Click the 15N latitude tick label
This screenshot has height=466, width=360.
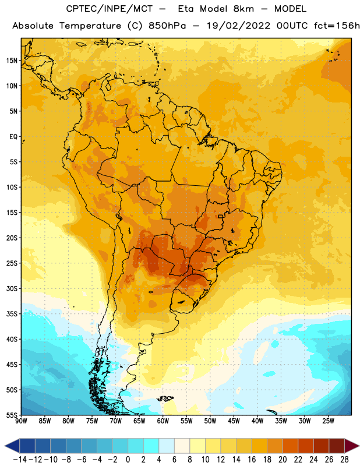[x=12, y=61]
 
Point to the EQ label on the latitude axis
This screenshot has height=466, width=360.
[x=13, y=137]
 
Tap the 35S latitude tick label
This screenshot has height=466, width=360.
[x=12, y=314]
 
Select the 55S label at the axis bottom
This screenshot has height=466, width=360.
[x=12, y=415]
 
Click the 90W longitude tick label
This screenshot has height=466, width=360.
[x=22, y=421]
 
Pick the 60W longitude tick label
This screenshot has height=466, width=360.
[x=163, y=421]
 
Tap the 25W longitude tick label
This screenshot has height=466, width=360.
[x=328, y=421]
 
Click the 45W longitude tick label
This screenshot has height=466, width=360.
[x=234, y=421]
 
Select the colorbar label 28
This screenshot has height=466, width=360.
[x=344, y=460]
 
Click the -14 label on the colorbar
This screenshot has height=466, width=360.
[x=20, y=460]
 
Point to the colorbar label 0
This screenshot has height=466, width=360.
[x=128, y=460]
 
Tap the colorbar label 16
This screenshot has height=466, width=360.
[x=252, y=460]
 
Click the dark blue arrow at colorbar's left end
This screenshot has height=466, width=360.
[x=12, y=446]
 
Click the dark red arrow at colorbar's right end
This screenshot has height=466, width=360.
[x=352, y=446]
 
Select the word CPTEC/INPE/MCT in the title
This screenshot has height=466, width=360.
[x=110, y=9]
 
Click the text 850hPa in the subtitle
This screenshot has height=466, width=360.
[x=167, y=26]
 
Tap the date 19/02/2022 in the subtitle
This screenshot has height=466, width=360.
[x=238, y=26]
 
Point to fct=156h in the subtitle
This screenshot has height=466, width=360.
[x=337, y=26]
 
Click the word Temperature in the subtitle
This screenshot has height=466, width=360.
[x=90, y=26]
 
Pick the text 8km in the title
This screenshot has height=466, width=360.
[x=243, y=9]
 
